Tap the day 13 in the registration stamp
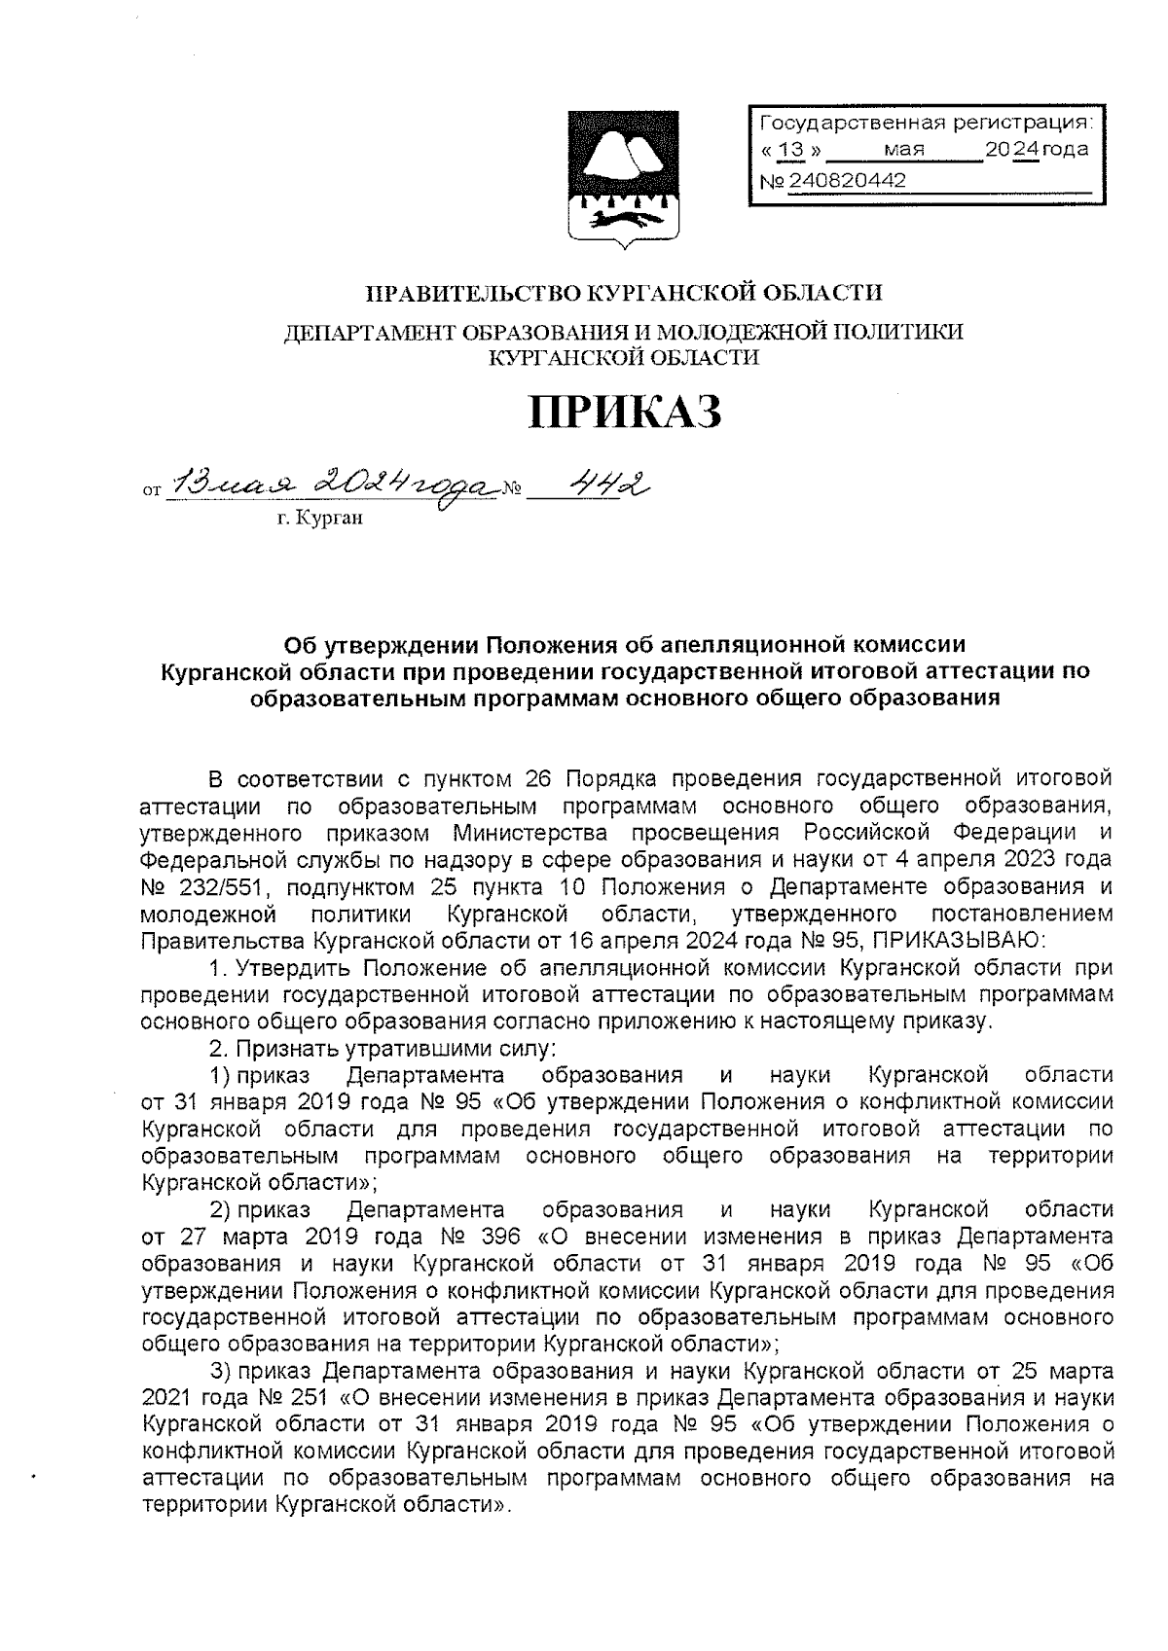click(794, 151)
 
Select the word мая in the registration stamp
click(904, 151)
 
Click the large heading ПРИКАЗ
click(625, 413)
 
